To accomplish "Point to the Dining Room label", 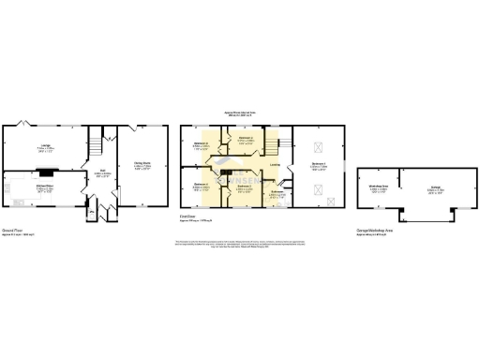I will point(142,166).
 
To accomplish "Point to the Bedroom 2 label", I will point(244,187).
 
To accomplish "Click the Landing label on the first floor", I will point(275,166).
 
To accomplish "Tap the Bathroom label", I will point(277,193).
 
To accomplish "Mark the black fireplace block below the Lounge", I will point(43,172).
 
